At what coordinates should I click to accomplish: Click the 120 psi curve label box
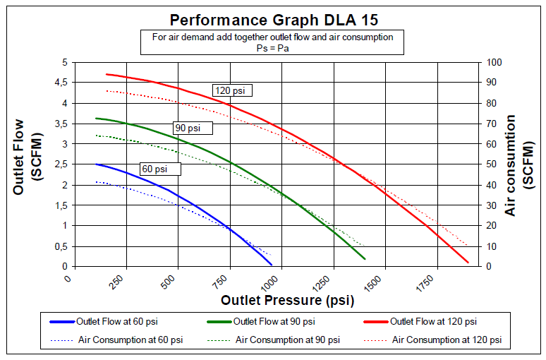(232, 90)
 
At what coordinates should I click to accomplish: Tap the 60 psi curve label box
(160, 169)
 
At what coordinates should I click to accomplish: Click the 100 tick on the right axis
(492, 62)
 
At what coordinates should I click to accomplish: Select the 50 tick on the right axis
(490, 164)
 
